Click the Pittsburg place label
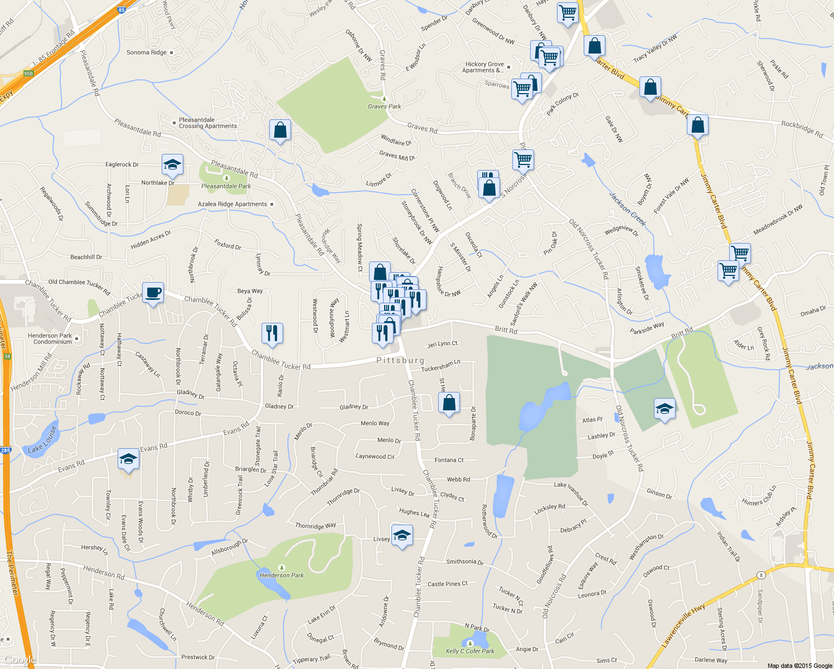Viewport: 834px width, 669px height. pos(400,361)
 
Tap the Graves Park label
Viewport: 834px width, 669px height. pos(384,106)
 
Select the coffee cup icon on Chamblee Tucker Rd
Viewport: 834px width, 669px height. pos(153,293)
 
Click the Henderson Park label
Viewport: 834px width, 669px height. pos(282,575)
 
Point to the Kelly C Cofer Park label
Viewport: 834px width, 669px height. pos(470,651)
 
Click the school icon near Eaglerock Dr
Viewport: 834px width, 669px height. pos(172,164)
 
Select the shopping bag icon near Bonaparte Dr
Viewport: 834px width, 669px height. pos(449,403)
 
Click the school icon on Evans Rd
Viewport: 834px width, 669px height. pos(128,459)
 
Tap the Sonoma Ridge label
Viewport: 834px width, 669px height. pos(147,52)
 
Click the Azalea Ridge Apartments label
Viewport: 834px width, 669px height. pos(232,204)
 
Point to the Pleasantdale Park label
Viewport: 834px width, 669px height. pos(226,186)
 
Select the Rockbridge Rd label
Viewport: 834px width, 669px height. pos(802,129)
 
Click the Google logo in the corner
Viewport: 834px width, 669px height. pos(19,660)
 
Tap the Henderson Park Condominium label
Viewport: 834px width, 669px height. pos(50,338)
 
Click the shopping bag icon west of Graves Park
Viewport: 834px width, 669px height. pos(280,130)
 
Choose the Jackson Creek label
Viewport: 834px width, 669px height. pos(627,209)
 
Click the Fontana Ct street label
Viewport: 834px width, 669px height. pos(449,460)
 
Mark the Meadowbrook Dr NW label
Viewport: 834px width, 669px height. pos(778,220)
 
